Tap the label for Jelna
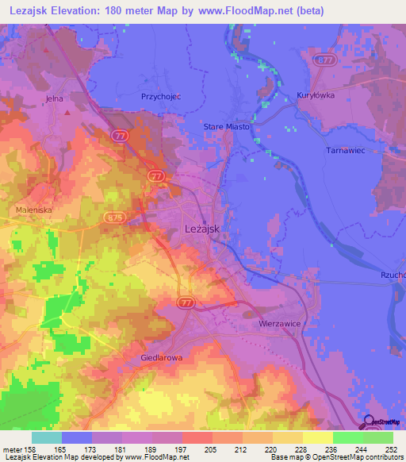(x=54, y=98)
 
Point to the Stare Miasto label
(x=227, y=127)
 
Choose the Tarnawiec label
(x=345, y=149)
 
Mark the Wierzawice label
(x=282, y=324)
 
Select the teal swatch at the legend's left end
(x=46, y=437)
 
